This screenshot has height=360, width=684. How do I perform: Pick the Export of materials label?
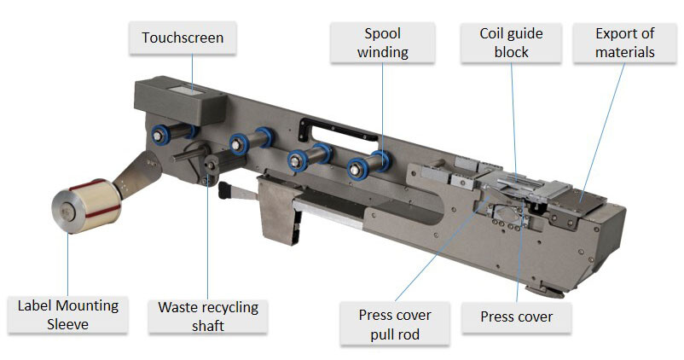tap(625, 44)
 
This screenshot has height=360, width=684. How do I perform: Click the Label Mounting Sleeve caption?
tap(68, 314)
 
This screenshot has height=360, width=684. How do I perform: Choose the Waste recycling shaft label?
tap(208, 315)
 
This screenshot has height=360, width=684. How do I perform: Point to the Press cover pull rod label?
tap(395, 325)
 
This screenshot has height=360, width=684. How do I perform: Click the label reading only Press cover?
tap(517, 317)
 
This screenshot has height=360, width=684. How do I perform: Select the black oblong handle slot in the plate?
tap(340, 129)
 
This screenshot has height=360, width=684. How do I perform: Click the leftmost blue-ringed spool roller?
tap(159, 135)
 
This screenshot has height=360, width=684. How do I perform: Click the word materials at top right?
tap(625, 52)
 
